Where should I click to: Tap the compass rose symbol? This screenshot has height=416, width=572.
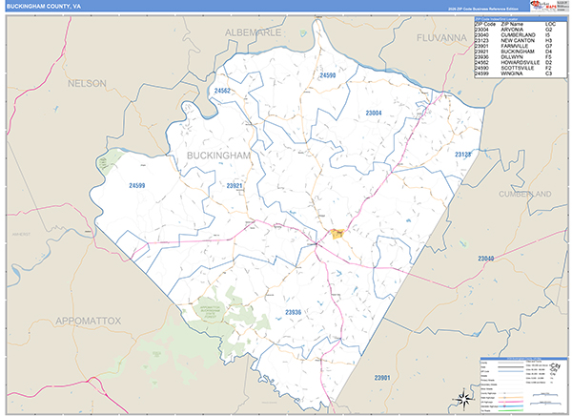460,397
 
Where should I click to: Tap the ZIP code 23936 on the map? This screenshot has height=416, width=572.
293,312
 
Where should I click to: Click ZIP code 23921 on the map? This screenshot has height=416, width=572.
235,185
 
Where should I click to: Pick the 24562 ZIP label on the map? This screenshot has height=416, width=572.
223,91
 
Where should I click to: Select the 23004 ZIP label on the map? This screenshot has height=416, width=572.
374,114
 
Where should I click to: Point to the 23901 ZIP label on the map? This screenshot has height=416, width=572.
382,379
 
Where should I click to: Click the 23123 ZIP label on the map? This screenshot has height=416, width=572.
463,154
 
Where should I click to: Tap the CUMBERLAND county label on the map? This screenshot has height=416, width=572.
524,194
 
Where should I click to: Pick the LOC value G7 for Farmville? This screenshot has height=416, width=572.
548,44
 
